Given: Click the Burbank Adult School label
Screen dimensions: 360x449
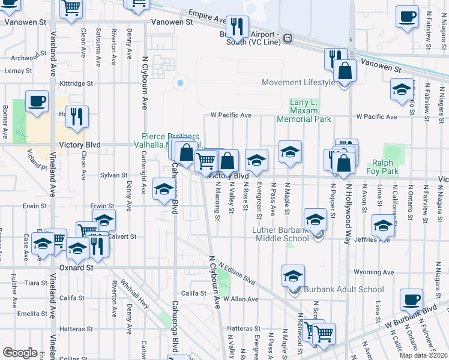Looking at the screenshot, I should (343, 289).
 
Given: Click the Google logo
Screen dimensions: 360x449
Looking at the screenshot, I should (20, 353).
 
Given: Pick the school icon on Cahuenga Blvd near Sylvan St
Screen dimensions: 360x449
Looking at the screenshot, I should (163, 190).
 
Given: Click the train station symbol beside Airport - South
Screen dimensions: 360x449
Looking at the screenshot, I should (289, 38).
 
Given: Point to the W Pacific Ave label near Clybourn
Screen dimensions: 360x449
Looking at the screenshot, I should (231, 115).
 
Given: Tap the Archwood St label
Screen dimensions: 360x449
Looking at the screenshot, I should (29, 58).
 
